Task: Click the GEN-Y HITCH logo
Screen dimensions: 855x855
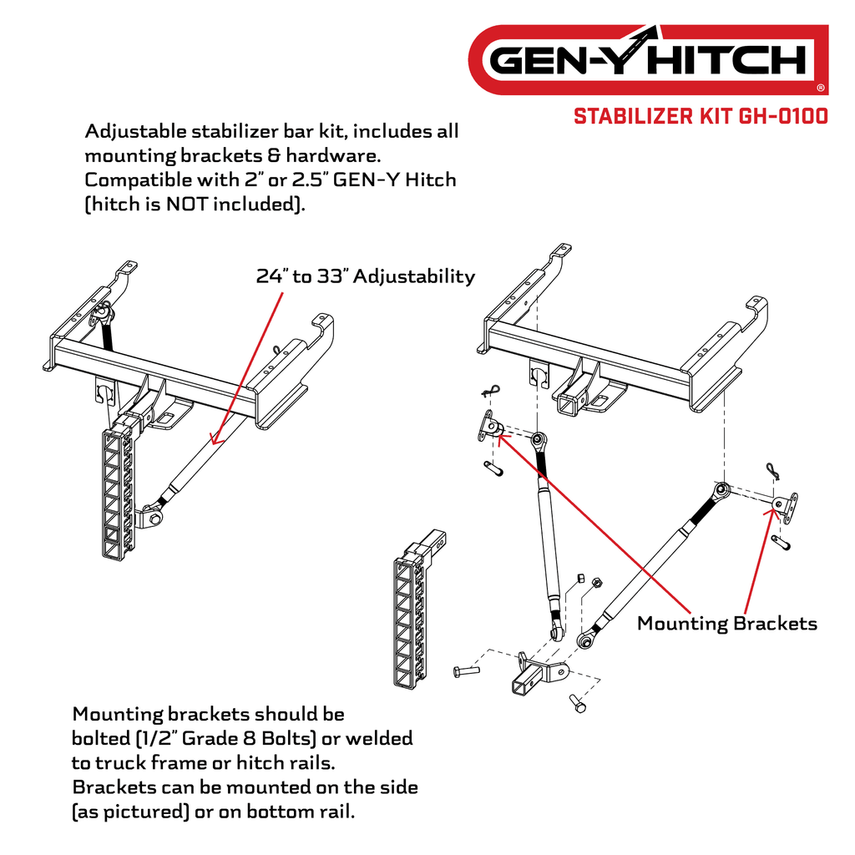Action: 647,60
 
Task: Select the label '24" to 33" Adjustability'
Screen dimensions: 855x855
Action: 365,276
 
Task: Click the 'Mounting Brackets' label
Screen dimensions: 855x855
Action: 726,623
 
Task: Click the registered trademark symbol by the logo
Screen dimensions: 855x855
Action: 820,87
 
